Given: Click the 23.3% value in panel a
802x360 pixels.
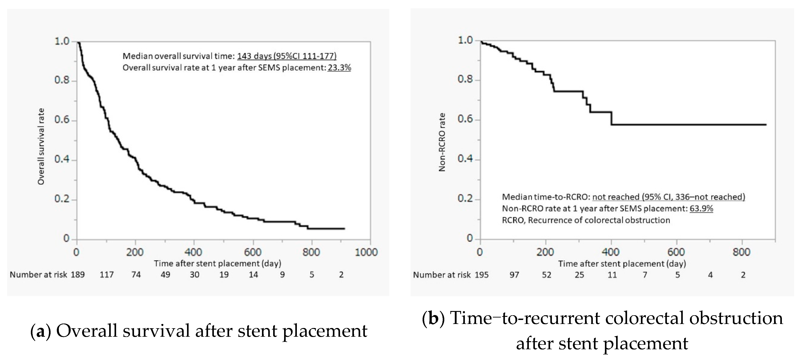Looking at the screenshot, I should pos(339,68).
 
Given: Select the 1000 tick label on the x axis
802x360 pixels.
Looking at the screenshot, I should pos(366,252).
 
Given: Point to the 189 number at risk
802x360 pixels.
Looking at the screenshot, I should pos(78,275).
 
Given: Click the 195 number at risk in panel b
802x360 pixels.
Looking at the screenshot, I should pos(481,275).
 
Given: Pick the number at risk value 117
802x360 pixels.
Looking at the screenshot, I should pos(106,275).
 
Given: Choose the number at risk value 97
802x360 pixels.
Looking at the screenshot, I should pos(514,275).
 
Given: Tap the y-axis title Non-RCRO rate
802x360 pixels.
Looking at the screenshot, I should pos(442,142).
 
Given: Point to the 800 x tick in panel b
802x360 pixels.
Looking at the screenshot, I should pos(741,252).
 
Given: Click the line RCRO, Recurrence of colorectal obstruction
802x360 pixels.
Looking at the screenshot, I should pos(586,220).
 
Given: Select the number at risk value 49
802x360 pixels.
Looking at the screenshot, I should pos(165,275).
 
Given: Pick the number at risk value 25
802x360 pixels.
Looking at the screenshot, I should pos(579,275).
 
